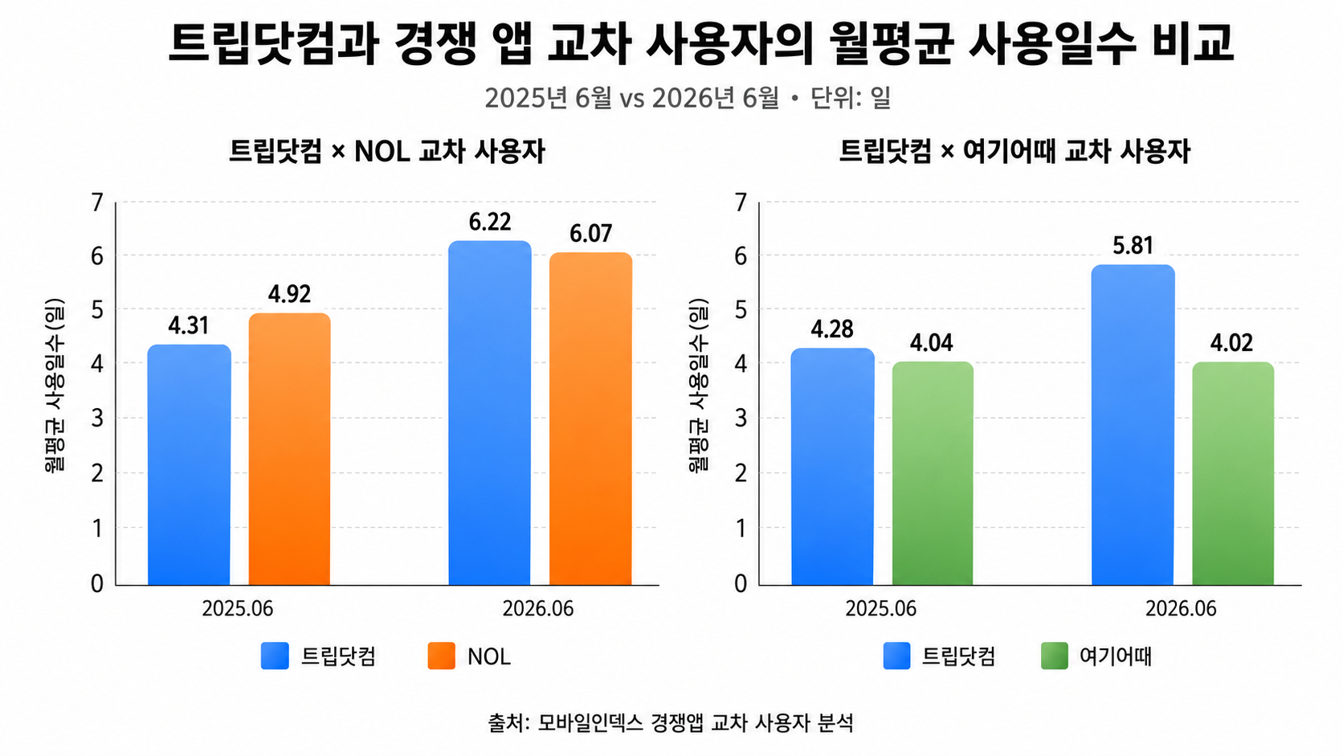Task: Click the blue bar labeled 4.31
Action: click(189, 464)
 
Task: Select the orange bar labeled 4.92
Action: click(290, 449)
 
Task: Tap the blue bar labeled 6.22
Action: click(490, 412)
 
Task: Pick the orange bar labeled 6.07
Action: click(590, 419)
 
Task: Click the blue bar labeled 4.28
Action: click(832, 467)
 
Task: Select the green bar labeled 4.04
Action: click(933, 473)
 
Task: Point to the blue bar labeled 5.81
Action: click(1133, 424)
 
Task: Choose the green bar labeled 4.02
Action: click(1233, 474)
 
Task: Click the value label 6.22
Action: click(490, 223)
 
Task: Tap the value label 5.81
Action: click(1133, 246)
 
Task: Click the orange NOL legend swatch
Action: click(441, 656)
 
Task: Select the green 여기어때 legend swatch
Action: click(1055, 656)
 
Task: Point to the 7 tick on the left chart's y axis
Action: click(97, 203)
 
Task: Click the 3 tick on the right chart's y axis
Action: click(741, 419)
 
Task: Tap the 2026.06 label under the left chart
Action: click(538, 609)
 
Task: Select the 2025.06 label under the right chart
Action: click(881, 609)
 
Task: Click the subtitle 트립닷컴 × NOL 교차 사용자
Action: click(387, 152)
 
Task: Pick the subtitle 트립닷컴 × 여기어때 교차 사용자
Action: click(1014, 152)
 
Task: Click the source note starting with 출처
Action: click(671, 723)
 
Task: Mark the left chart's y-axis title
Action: click(54, 386)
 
